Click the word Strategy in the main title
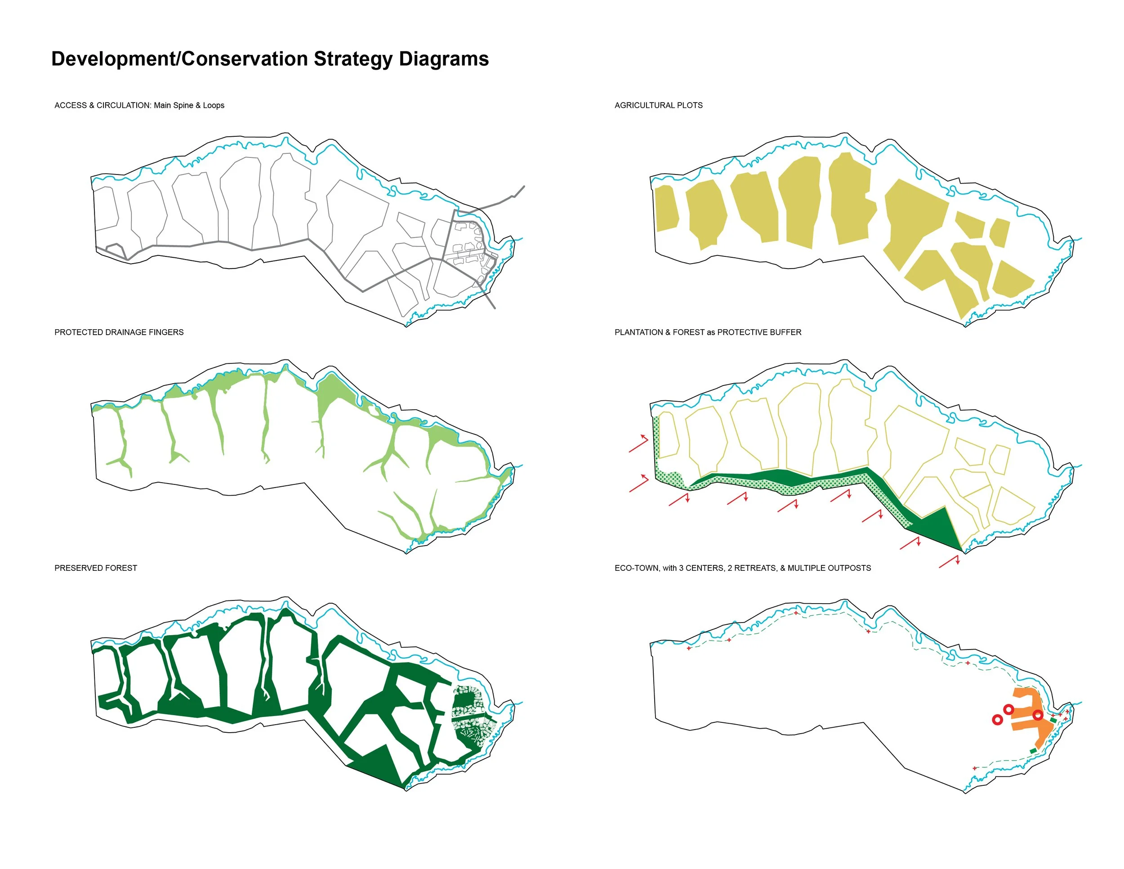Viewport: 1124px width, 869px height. pos(352,60)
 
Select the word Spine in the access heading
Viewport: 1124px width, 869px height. pos(183,106)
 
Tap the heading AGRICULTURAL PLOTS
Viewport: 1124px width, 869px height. pos(658,106)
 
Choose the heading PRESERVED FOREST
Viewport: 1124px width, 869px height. pos(96,569)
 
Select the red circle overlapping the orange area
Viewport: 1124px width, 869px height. pos(1038,715)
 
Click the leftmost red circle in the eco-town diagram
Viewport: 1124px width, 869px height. pos(997,720)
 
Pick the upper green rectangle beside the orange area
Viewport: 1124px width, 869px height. pos(1053,720)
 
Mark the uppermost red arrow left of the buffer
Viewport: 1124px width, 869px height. pos(639,444)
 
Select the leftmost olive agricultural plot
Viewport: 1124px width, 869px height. pos(666,209)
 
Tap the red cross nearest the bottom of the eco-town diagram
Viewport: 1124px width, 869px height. pos(975,769)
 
